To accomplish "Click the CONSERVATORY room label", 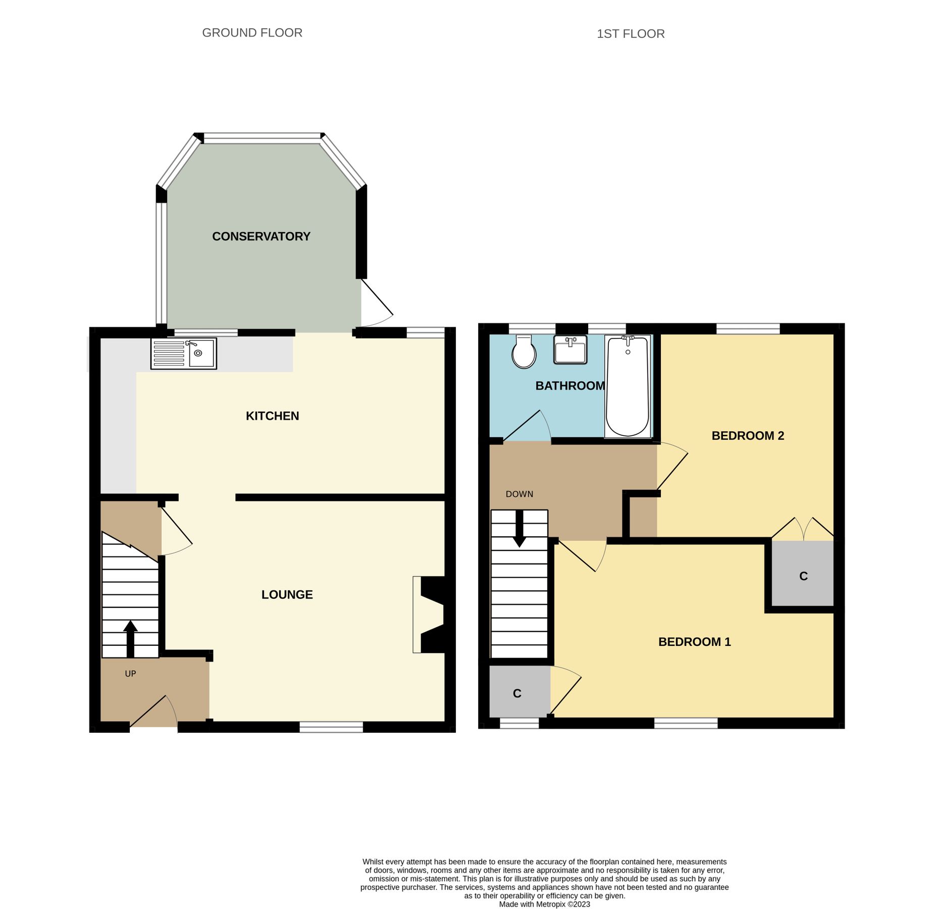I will pos(261,236).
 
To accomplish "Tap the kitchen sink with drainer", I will pos(183,353).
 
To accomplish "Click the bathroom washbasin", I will pos(570,349).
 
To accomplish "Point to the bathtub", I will pos(627,386).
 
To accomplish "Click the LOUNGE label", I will pos(287,594).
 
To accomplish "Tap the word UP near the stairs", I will pos(130,674).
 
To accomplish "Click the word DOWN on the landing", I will pos(519,494).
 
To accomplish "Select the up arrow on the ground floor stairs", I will pos(130,637).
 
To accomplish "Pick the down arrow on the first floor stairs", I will pos(519,530).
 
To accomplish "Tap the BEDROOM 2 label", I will pos(747,435).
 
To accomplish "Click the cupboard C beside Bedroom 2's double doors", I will pos(803,576).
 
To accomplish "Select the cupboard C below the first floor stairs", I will pos(517,693).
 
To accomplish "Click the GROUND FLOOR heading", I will pos(252,33).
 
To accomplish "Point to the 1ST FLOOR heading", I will pos(630,34).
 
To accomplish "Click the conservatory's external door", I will pos(377,303).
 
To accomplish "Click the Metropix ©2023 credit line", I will pos(544,904).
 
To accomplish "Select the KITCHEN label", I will pos(272,416).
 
